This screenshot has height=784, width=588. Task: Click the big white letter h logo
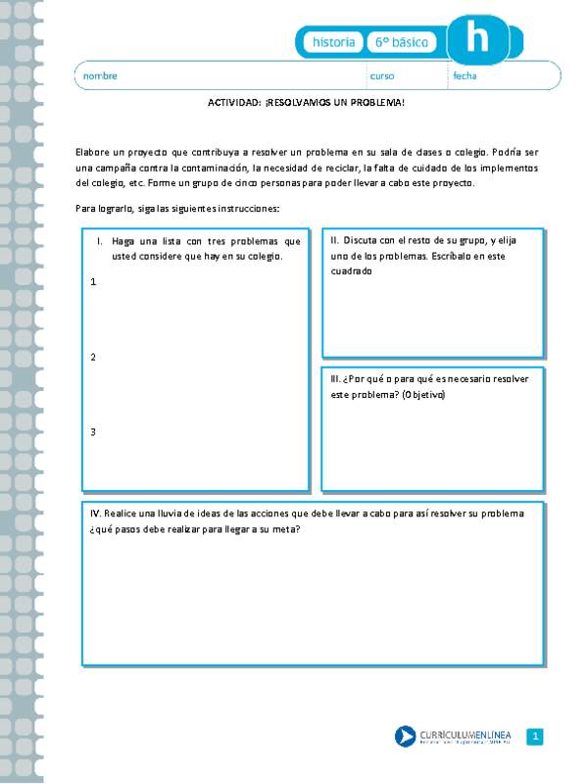coord(478,40)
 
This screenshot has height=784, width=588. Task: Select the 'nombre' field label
coord(100,75)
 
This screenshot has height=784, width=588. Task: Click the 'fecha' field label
coord(465,75)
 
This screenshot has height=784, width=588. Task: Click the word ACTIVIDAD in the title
coord(234,102)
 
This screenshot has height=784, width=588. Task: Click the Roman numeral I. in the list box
coord(100,241)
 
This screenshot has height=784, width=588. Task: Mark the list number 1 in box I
coord(93,282)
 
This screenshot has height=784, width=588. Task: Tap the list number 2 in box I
coord(93,357)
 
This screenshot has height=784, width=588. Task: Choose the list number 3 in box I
coord(93,431)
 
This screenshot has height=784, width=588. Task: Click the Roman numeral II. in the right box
coord(335,240)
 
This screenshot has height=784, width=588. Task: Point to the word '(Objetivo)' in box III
coord(395,395)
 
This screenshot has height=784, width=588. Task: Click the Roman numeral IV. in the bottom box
coord(97,513)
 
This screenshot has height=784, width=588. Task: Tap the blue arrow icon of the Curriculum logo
coord(405,736)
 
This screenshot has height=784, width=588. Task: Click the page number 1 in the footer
coord(534,736)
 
